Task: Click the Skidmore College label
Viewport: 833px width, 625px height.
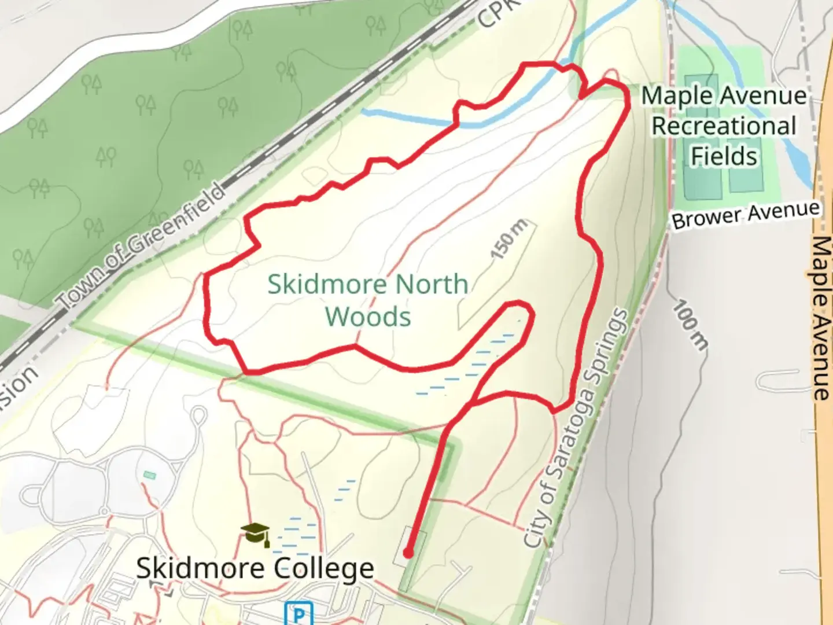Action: (255, 568)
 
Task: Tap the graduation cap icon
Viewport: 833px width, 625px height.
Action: (256, 534)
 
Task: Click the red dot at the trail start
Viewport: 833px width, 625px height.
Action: (408, 553)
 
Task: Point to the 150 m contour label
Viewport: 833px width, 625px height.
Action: (508, 239)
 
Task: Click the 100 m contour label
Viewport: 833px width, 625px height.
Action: (690, 325)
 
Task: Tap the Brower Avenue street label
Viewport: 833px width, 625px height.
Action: (746, 215)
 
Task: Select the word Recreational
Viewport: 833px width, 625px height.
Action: (724, 126)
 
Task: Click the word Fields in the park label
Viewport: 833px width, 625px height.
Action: (724, 156)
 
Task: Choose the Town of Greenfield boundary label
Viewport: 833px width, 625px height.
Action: (141, 245)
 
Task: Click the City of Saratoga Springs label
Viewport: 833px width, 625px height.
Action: (576, 428)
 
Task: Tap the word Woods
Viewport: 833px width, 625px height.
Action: (368, 317)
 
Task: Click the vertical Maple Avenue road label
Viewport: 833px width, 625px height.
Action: (821, 318)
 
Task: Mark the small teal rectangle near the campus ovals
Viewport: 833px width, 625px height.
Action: (150, 475)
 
